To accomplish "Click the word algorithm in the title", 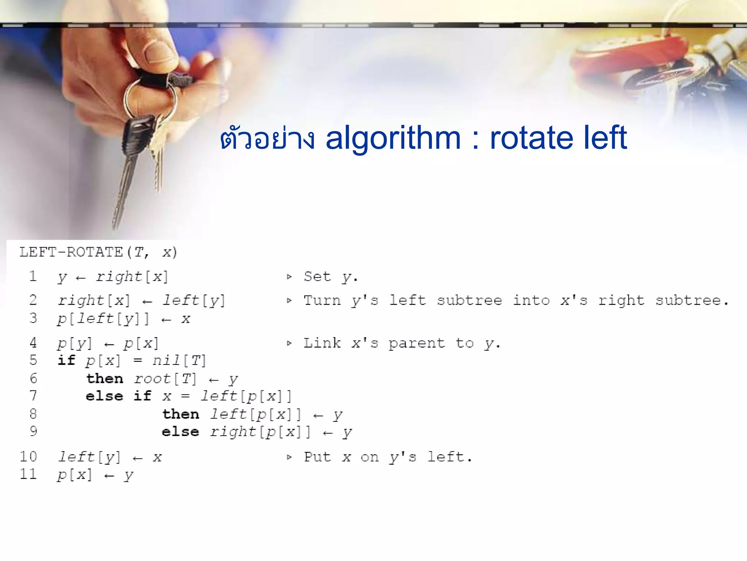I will click(393, 138).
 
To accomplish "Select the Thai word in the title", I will click(267, 139).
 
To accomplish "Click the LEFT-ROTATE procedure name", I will click(71, 252).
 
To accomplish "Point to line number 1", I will click(33, 276).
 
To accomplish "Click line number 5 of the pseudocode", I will click(33, 360).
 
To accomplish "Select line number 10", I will click(28, 457).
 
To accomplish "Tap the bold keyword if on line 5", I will click(66, 360).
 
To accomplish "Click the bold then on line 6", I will click(105, 379).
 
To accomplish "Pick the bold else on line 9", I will click(180, 432).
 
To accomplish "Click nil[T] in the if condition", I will click(179, 361).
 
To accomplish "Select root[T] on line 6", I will click(165, 379).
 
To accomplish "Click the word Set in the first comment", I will click(317, 276).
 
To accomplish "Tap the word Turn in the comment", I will click(322, 301).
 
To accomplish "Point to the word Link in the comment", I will click(322, 343).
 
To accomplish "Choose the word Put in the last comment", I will click(317, 457).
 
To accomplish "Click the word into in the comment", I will click(531, 301).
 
